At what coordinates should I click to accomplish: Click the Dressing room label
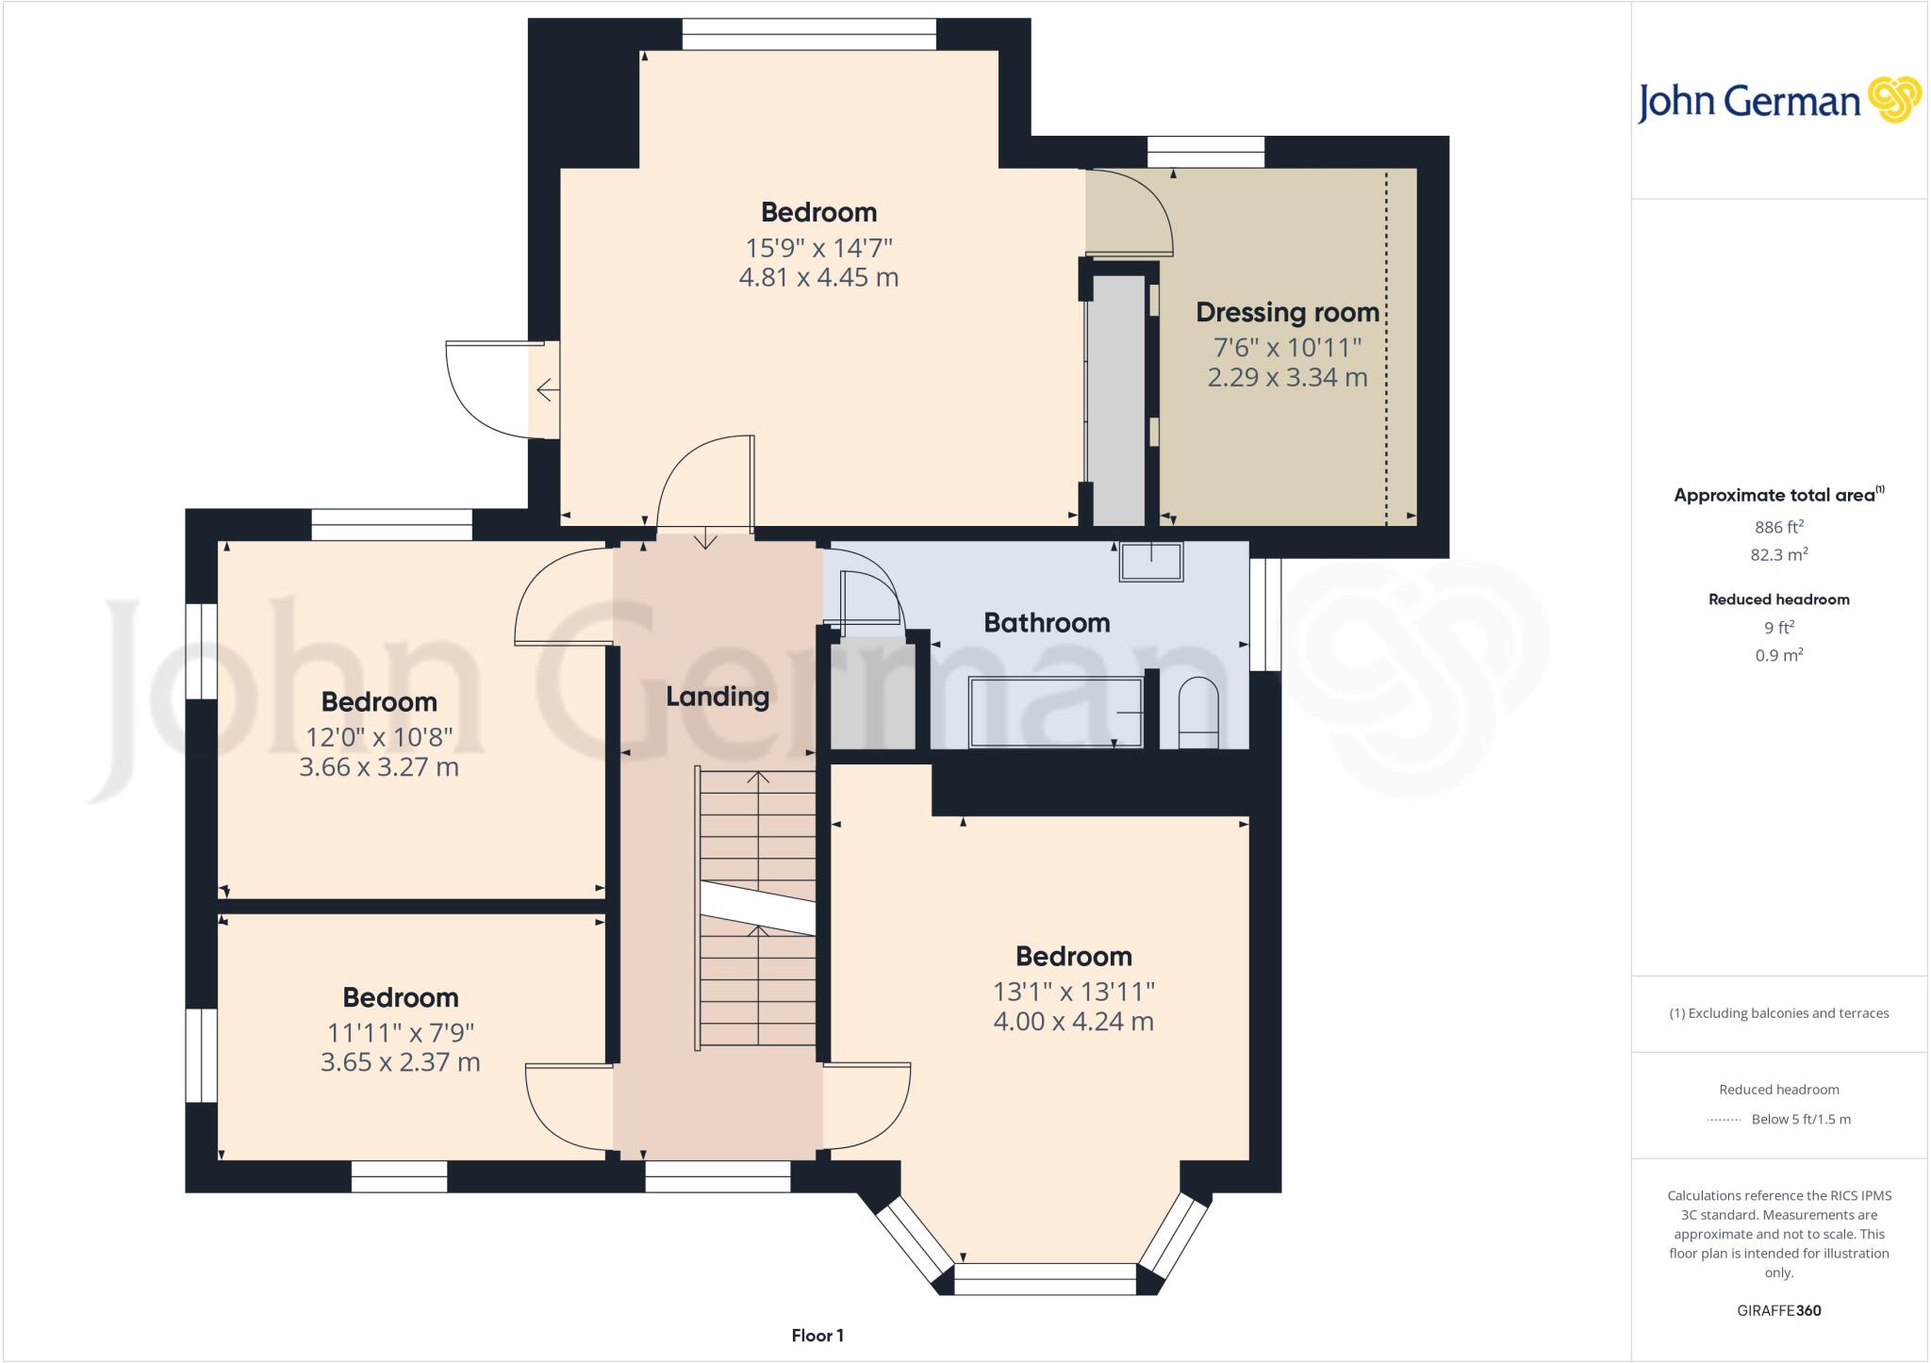pos(1287,312)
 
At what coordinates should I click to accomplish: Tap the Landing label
pos(718,697)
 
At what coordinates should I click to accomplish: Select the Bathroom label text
pos(1047,623)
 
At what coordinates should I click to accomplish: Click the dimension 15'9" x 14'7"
pos(818,248)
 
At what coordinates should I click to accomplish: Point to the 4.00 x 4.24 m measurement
pos(1073,1022)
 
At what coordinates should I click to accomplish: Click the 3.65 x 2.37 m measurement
pos(400,1062)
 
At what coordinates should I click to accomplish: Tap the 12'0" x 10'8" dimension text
pos(379,736)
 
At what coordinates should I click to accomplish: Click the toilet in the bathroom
pos(1198,714)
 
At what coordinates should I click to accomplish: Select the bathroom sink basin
pos(1150,562)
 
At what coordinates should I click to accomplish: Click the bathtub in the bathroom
pos(1056,712)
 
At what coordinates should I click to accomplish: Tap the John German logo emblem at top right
pos(1894,100)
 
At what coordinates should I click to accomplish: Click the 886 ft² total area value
pos(1778,527)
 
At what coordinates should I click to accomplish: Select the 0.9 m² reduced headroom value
pos(1778,655)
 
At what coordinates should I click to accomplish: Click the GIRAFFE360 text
pos(1778,1310)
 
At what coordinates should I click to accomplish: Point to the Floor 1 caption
pos(817,1336)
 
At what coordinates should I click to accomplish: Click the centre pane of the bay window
pos(1045,1279)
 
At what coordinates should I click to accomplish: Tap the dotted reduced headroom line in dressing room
pos(1386,349)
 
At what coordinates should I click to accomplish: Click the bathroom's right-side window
pos(1265,614)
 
